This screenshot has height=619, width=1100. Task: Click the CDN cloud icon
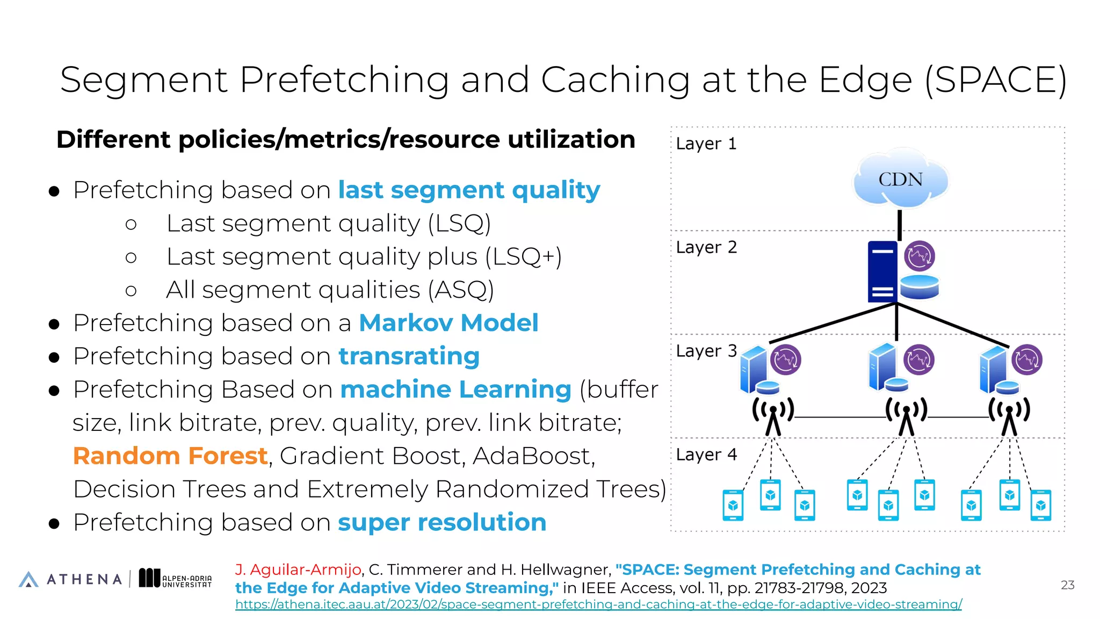pyautogui.click(x=900, y=179)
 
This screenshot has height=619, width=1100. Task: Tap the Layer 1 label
pyautogui.click(x=706, y=143)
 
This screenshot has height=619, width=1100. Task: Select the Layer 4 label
pyautogui.click(x=706, y=455)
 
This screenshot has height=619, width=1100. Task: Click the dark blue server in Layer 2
pyautogui.click(x=882, y=271)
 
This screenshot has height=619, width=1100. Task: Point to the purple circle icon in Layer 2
pyautogui.click(x=920, y=256)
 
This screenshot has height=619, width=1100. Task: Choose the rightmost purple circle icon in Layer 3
pyautogui.click(x=1027, y=359)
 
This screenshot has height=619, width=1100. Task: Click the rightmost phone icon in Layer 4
pyautogui.click(x=1041, y=505)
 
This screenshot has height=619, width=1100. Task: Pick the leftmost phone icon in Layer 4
pyautogui.click(x=733, y=506)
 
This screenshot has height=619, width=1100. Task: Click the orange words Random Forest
pyautogui.click(x=170, y=456)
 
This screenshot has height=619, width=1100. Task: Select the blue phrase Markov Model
pyautogui.click(x=448, y=323)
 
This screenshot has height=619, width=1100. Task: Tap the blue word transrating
pyautogui.click(x=409, y=356)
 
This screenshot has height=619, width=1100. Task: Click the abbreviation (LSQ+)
pyautogui.click(x=524, y=257)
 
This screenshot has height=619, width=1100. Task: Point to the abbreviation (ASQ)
pyautogui.click(x=461, y=290)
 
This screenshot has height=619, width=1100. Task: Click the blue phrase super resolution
pyautogui.click(x=442, y=522)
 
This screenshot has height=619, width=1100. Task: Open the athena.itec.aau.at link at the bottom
pyautogui.click(x=598, y=604)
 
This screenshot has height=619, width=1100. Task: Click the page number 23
pyautogui.click(x=1067, y=585)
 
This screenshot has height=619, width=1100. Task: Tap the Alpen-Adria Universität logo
pyautogui.click(x=175, y=579)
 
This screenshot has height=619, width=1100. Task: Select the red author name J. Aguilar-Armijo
pyautogui.click(x=298, y=570)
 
